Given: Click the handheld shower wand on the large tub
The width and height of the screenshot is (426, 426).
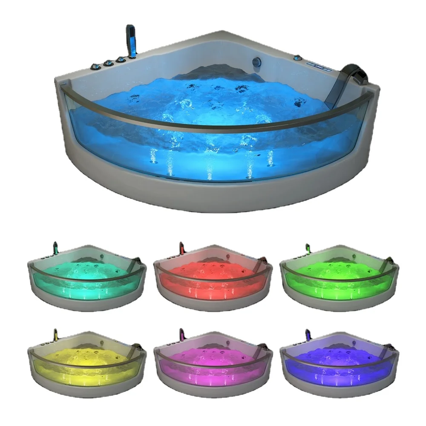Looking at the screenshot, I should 130,40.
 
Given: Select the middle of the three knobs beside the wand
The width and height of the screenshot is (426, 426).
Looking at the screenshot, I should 109,63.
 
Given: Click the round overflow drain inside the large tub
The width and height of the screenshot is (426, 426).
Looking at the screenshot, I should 257,62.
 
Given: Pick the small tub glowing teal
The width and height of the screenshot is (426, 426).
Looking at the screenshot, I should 87,277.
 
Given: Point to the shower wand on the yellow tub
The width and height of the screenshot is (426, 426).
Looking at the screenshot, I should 55,333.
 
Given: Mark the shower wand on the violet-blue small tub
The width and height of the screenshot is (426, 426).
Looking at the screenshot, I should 308,333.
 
